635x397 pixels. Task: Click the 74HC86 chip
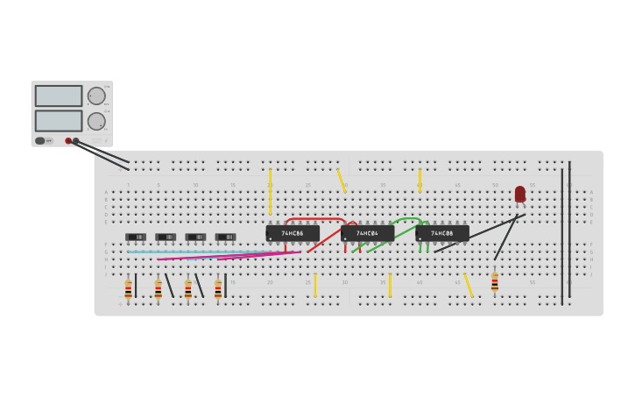coord(293,233)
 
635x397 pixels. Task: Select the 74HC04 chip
coord(367,233)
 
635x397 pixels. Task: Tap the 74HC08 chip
coord(442,233)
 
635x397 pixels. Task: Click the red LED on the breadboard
coord(520,194)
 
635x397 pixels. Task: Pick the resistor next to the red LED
coord(495,282)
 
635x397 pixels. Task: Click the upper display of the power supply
coord(59,96)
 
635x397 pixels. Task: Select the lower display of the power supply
coord(59,121)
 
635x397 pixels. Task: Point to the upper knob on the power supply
coord(96,96)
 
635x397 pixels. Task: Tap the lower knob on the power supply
coord(96,121)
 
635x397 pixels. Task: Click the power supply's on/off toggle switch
coord(40,140)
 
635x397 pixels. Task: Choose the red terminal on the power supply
coord(68,140)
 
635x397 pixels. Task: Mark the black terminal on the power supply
coord(76,140)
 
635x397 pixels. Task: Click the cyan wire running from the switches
coord(201,252)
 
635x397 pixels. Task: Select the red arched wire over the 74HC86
coord(315,218)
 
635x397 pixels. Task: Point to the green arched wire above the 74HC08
coord(409,218)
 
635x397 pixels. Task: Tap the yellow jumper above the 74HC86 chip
coord(270,191)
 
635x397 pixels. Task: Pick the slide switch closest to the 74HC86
coord(225,237)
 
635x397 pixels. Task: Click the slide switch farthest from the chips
coord(136,237)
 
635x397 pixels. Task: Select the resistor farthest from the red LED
coord(128,288)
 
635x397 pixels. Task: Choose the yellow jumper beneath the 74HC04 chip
coord(390,285)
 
